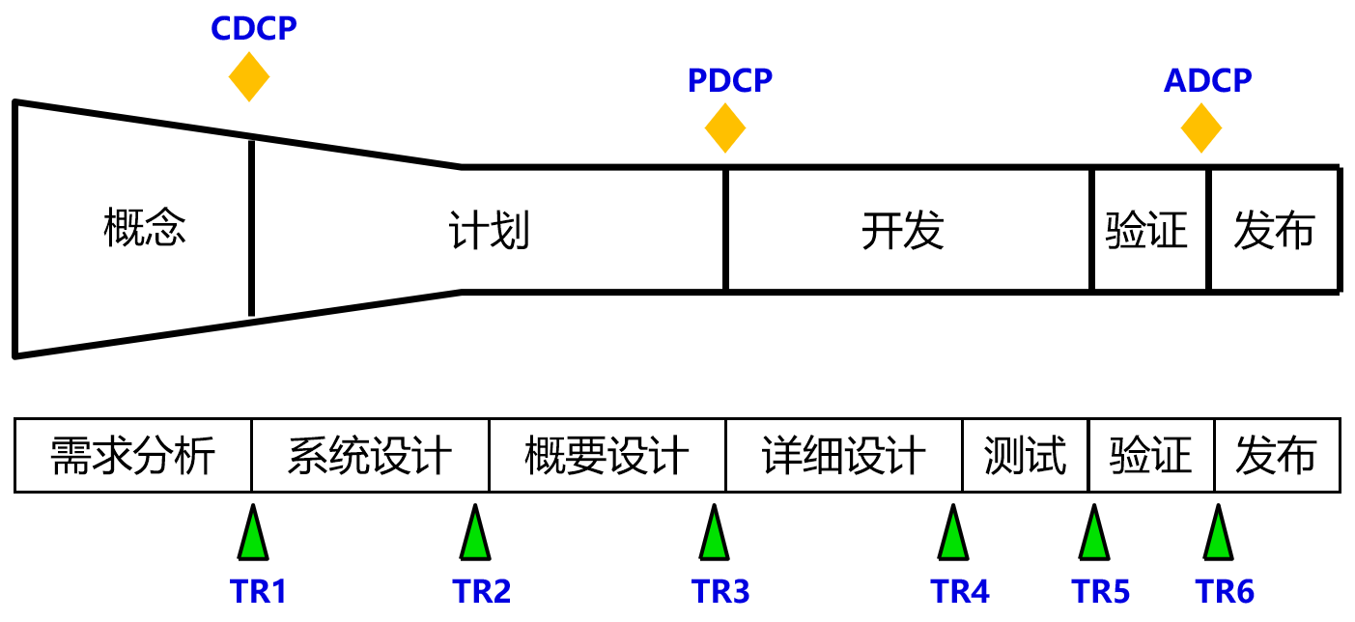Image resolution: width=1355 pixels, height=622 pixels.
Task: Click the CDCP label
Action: point(254,28)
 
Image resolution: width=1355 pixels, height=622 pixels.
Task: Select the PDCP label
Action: point(730,81)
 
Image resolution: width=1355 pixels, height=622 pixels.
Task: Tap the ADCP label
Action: point(1207,81)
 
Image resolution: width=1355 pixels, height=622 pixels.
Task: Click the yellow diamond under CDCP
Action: point(249,77)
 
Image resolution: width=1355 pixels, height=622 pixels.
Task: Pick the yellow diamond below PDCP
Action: point(725,127)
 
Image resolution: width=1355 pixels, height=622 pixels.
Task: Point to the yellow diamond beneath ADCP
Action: point(1201,127)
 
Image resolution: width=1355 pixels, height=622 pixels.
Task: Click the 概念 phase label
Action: point(145,230)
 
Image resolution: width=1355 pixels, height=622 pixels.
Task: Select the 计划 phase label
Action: point(490,232)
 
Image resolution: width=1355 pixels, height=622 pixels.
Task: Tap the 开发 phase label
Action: point(902,232)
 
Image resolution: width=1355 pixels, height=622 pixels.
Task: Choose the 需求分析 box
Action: point(133,456)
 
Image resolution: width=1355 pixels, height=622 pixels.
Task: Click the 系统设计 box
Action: point(370,456)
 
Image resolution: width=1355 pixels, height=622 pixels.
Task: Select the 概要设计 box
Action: point(607,456)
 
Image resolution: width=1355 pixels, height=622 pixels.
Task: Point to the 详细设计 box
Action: point(844,456)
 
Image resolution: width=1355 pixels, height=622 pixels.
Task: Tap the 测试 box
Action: point(1025,456)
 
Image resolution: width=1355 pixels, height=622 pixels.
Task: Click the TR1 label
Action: point(259,591)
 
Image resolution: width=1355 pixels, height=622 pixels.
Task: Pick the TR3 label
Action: point(720,591)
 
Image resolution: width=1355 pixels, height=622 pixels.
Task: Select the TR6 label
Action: point(1225,591)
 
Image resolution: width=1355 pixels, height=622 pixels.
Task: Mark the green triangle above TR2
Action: point(474,536)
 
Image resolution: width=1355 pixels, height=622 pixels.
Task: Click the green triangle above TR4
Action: point(952,536)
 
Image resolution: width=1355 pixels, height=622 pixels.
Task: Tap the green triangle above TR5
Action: point(1093,536)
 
